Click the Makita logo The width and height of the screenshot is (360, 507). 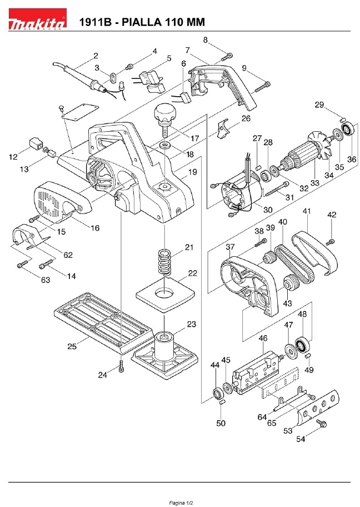coord(37,19)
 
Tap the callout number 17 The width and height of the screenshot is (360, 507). coord(194,138)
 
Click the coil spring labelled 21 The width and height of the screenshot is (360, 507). coord(164,262)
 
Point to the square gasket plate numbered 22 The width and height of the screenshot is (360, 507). coord(165,294)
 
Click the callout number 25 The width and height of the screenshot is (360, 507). coord(72,346)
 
